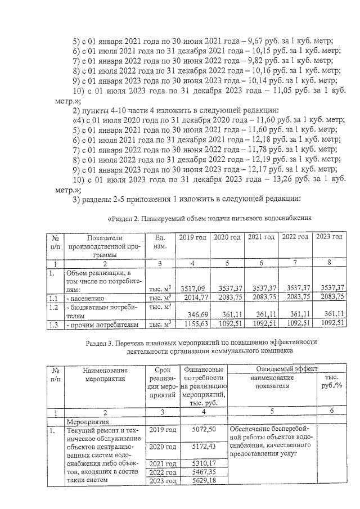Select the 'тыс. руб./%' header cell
click(332, 382)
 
